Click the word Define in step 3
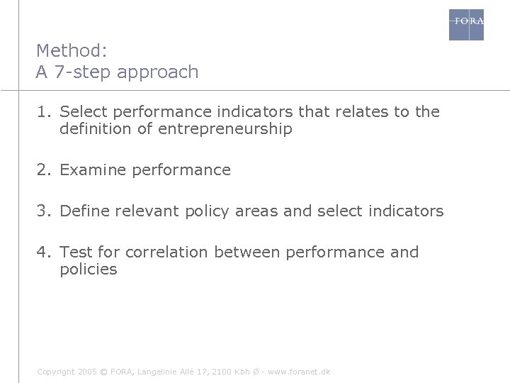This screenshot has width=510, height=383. [x=84, y=211]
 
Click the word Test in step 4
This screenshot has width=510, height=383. [x=75, y=252]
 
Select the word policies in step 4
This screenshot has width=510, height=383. [x=89, y=270]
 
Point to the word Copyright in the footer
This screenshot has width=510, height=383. [x=55, y=372]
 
